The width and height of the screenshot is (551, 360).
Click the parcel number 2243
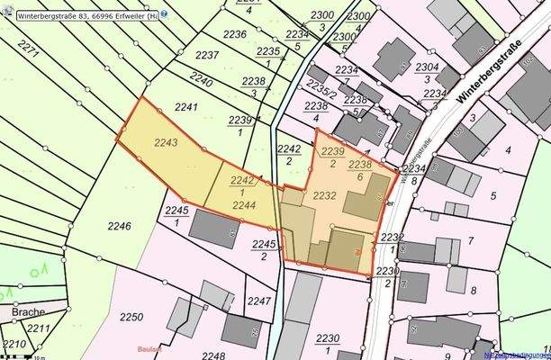pyautogui.click(x=166, y=142)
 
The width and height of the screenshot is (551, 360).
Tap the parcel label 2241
pyautogui.click(x=186, y=107)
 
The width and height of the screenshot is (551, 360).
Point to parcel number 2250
pyautogui.click(x=131, y=317)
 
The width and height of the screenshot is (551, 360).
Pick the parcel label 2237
pyautogui.click(x=207, y=55)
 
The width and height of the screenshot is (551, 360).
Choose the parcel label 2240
pyautogui.click(x=202, y=82)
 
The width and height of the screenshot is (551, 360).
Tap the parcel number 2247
pyautogui.click(x=258, y=301)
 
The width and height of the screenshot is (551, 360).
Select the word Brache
pyautogui.click(x=29, y=311)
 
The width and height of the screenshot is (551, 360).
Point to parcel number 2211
pyautogui.click(x=37, y=329)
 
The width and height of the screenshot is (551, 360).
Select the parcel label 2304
pyautogui.click(x=427, y=67)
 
